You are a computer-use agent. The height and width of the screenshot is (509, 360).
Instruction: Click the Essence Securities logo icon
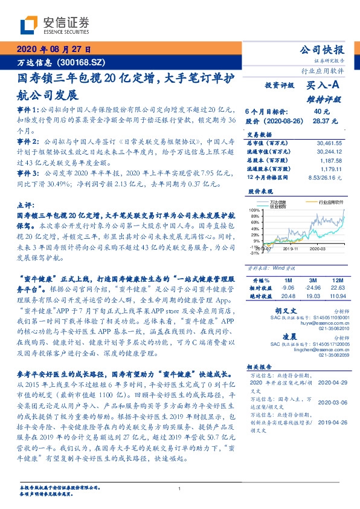coord(30,24)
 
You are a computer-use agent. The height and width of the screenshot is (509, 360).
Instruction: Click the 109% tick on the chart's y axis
coord(254,208)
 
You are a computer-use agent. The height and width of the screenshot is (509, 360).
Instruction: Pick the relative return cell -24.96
coord(313,288)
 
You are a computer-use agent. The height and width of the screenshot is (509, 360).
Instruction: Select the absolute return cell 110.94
coord(338,296)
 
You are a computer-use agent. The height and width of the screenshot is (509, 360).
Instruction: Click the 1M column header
coord(288,280)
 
